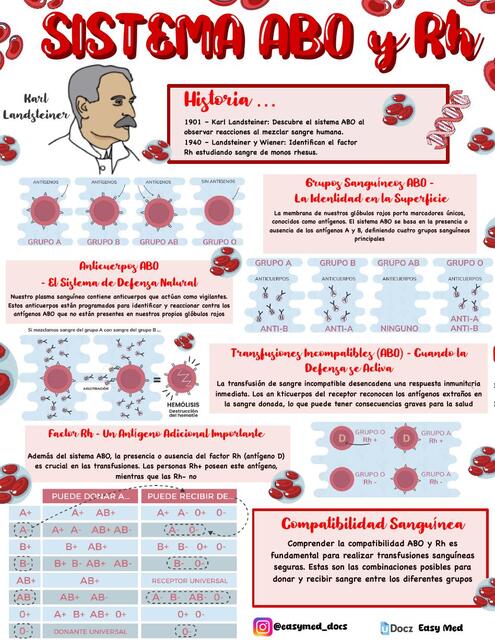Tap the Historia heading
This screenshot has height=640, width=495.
(229, 102)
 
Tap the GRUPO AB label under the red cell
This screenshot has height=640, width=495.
(160, 241)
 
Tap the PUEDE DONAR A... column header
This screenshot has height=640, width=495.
(90, 496)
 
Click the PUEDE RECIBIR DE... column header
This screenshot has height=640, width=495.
(190, 496)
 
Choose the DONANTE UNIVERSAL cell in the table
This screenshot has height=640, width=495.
(90, 632)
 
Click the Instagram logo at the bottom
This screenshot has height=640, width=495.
(262, 626)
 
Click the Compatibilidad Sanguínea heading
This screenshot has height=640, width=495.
(371, 523)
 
